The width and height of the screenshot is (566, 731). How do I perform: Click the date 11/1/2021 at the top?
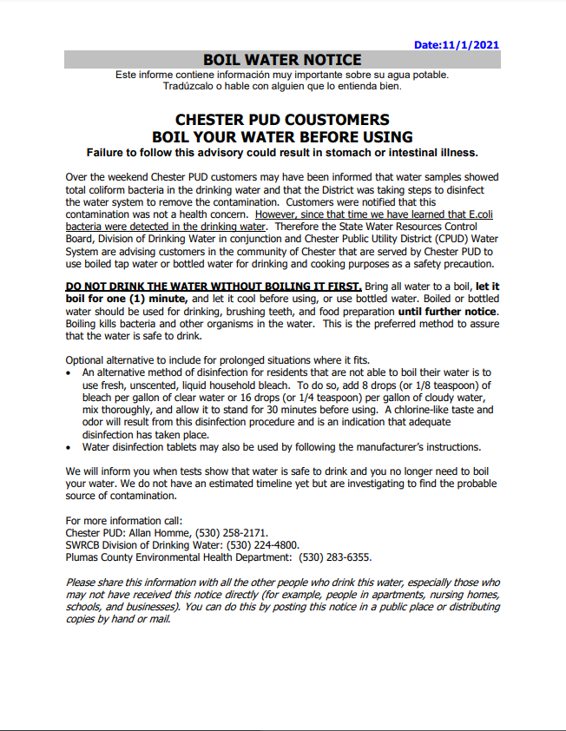pos(469,44)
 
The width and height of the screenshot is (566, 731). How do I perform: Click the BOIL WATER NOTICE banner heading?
pos(282,60)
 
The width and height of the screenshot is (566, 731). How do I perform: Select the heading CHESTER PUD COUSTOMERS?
pos(282,120)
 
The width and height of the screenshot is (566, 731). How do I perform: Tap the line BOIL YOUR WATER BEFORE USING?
pos(282,137)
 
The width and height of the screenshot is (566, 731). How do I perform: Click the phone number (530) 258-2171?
pos(234,532)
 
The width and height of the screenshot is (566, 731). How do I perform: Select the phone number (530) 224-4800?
pos(261,545)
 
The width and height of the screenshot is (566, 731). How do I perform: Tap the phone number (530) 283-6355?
pos(335,557)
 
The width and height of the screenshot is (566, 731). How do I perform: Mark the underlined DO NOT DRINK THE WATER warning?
pos(214,286)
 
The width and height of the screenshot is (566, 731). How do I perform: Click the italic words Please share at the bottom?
pos(97,583)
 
